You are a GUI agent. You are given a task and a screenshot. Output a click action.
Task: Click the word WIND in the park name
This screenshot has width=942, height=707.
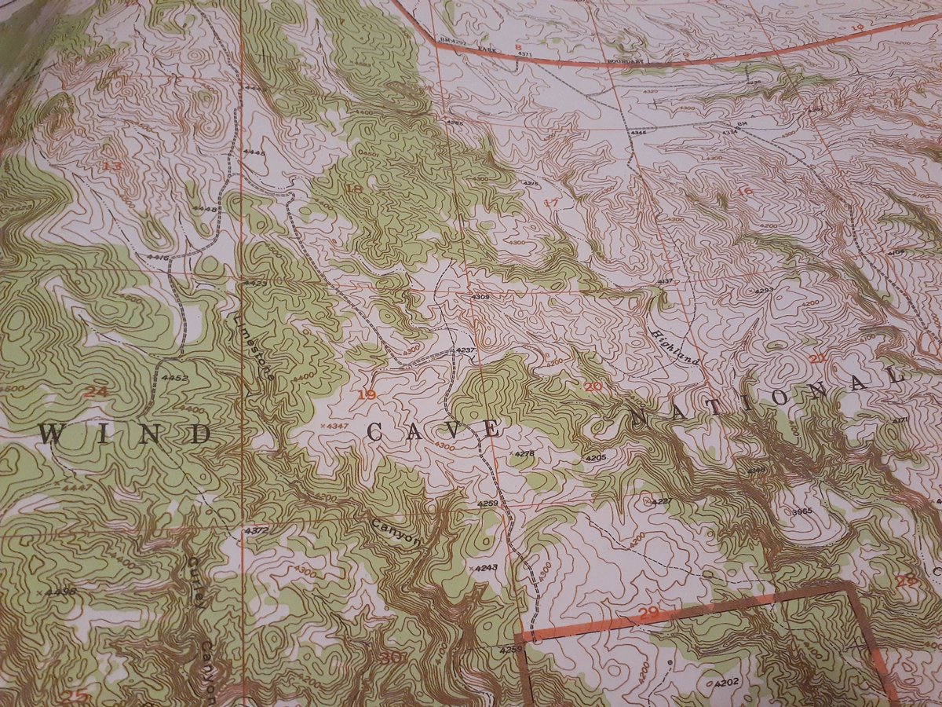[126, 434]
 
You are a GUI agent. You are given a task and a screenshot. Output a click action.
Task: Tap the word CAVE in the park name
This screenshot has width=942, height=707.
[433, 430]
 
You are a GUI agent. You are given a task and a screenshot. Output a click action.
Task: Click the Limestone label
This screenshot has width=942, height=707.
[255, 346]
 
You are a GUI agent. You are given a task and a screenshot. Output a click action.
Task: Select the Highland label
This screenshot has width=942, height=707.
[674, 346]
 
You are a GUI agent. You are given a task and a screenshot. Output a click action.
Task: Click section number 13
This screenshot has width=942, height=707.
[112, 166]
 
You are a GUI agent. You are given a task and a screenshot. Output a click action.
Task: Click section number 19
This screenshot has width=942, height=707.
[365, 394]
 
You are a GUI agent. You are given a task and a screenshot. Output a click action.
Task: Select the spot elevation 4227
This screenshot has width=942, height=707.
[661, 501]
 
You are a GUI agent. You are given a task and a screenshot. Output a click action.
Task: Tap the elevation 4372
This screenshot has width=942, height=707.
[256, 531]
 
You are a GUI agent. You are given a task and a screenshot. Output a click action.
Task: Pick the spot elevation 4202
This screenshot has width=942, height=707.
[726, 683]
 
